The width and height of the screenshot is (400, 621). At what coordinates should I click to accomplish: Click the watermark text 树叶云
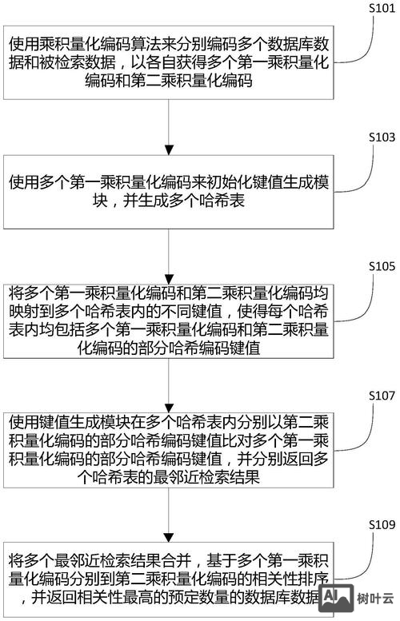pos(376,597)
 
